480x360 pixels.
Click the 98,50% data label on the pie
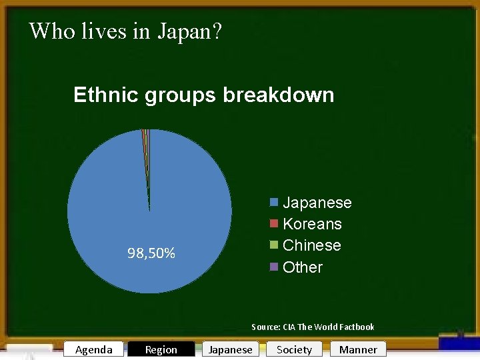tap(151, 253)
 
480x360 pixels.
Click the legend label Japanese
tap(317, 203)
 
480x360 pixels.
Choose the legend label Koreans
tap(312, 224)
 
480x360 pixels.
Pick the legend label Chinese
tap(312, 245)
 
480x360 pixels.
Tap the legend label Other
tap(303, 267)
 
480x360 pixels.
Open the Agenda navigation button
tap(94, 349)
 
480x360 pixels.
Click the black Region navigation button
tap(161, 349)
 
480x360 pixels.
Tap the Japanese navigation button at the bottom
tap(231, 349)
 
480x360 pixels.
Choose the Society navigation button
tap(294, 349)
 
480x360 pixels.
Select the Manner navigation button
tap(358, 349)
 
